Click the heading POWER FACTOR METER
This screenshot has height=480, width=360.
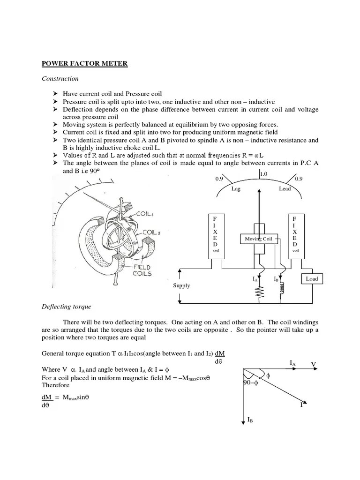click(x=84, y=63)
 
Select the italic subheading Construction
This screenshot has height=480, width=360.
click(x=60, y=79)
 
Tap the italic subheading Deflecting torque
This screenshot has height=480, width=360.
click(x=67, y=307)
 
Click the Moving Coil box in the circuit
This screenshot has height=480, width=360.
click(x=258, y=239)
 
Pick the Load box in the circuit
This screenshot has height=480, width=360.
click(x=312, y=278)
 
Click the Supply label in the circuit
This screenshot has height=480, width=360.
click(x=181, y=285)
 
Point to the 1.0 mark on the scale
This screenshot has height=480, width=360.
click(x=263, y=174)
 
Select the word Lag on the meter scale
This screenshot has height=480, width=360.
click(x=235, y=189)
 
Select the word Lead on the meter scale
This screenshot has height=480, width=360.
click(x=285, y=189)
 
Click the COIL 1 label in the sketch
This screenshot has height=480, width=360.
click(x=145, y=214)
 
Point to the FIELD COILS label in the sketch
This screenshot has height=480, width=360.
click(x=140, y=270)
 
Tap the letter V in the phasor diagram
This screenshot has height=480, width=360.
click(x=314, y=364)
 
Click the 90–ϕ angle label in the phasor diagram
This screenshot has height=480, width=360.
click(x=251, y=382)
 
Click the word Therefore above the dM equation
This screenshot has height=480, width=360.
click(x=55, y=385)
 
